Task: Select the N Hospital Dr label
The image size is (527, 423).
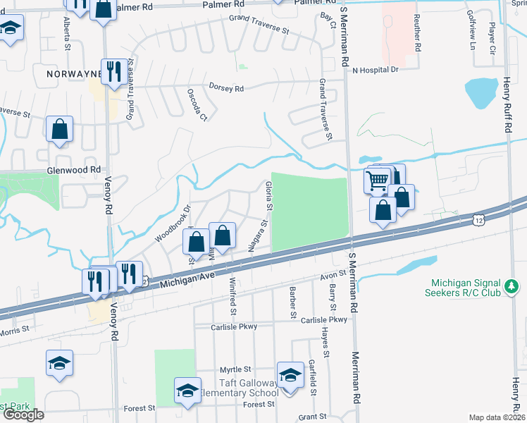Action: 376,70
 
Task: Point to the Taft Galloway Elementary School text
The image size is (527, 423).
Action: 238,393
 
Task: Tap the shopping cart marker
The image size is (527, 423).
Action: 377,180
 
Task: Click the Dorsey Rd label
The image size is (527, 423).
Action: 226,88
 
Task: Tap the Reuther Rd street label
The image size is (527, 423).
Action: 418,33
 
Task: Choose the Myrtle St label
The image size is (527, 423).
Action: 235,369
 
